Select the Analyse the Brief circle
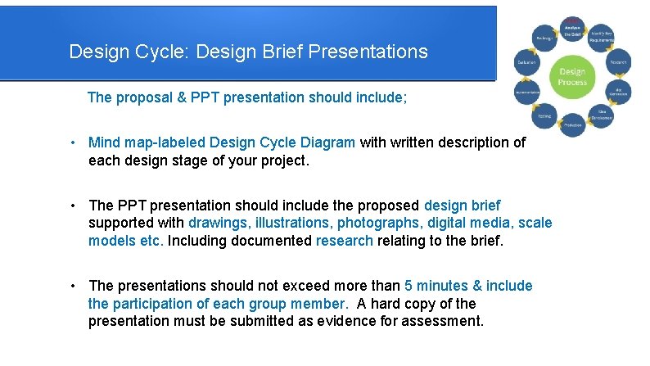click(x=572, y=29)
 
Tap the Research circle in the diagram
click(x=616, y=62)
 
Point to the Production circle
click(x=572, y=125)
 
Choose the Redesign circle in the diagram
click(x=542, y=38)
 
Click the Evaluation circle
click(x=526, y=63)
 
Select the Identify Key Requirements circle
click(x=603, y=38)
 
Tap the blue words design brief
click(x=462, y=206)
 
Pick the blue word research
click(x=344, y=241)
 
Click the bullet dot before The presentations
click(x=74, y=286)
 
